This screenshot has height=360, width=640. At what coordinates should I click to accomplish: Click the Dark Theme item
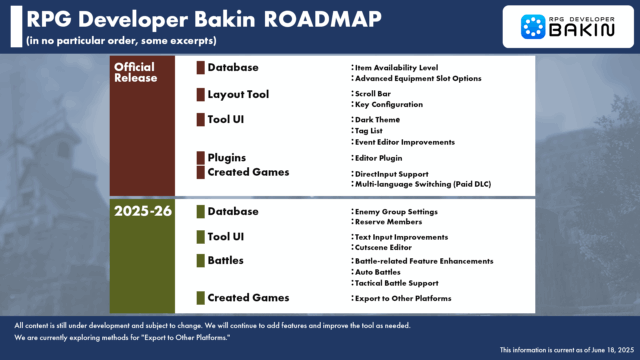click(377, 119)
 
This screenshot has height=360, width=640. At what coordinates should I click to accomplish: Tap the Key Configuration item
click(388, 104)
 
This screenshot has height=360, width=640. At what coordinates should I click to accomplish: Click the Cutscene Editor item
click(386, 247)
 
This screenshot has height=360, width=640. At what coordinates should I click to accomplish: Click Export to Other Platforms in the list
click(402, 298)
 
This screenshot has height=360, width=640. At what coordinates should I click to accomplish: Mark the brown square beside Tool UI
click(200, 121)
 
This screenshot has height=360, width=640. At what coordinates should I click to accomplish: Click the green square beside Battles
click(200, 260)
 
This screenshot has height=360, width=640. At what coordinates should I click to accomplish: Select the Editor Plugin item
click(378, 158)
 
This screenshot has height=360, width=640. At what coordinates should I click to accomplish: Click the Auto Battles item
click(379, 272)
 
